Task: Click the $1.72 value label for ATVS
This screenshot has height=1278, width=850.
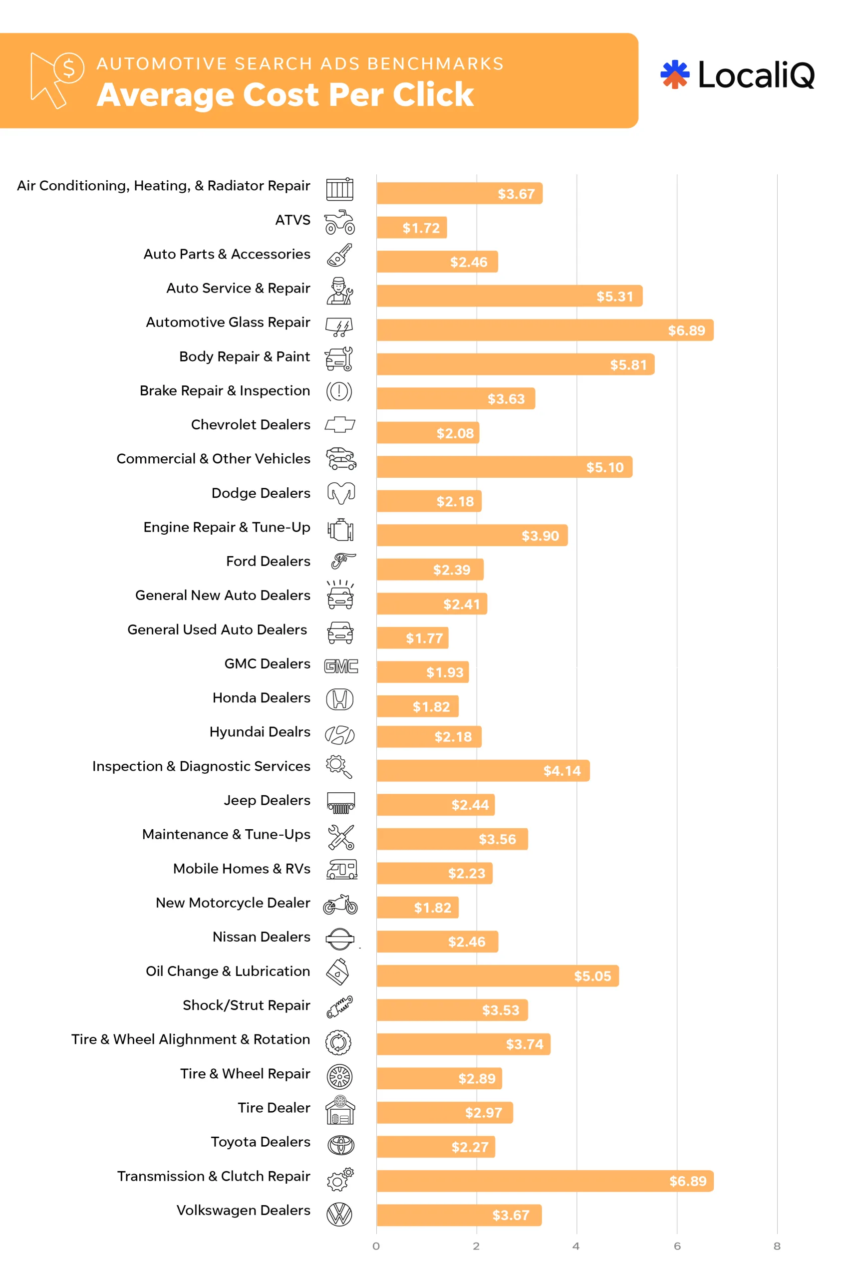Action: (x=421, y=228)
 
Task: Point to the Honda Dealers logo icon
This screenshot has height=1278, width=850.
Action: (x=340, y=699)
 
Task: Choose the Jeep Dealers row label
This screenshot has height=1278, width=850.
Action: (x=267, y=800)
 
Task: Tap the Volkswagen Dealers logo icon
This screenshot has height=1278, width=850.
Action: (x=340, y=1214)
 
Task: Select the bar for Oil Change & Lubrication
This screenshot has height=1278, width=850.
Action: (x=497, y=975)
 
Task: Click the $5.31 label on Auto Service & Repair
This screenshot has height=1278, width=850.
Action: (x=614, y=296)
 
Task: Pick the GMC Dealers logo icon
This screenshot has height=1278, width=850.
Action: (x=341, y=666)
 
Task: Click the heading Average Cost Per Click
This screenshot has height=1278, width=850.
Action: (x=285, y=94)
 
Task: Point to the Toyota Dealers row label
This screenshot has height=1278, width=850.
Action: (x=260, y=1141)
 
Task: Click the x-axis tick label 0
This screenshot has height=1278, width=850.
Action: (x=376, y=1246)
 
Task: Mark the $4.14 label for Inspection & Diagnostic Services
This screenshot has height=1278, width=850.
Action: (x=562, y=770)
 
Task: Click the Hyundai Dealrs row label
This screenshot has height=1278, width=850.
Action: (x=260, y=731)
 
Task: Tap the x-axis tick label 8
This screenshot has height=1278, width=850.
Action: (x=776, y=1246)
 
